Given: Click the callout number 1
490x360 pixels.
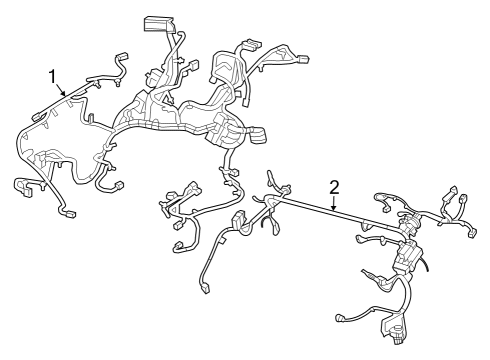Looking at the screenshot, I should (x=52, y=74).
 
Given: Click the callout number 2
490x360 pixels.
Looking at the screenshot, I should (x=334, y=186).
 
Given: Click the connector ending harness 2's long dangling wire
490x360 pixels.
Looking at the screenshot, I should (x=205, y=290).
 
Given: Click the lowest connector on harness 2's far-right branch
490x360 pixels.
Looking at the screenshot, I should (x=471, y=236).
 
